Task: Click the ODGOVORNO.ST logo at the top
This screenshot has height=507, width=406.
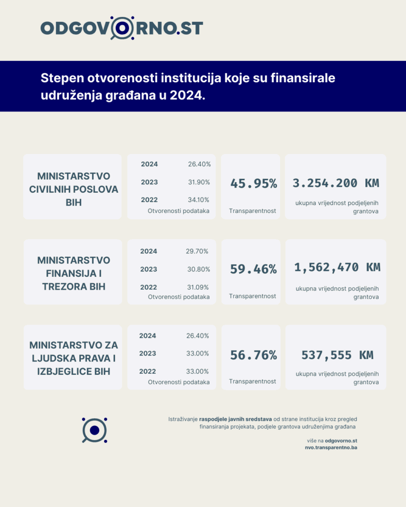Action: click(121, 28)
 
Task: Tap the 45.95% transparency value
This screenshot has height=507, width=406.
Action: click(253, 183)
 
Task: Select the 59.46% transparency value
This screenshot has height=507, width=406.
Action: click(253, 269)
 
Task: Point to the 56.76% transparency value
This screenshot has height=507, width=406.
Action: click(253, 355)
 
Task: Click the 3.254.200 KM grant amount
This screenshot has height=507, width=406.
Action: click(336, 183)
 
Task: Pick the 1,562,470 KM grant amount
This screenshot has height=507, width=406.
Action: click(337, 267)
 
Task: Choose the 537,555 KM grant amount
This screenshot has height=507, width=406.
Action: click(337, 355)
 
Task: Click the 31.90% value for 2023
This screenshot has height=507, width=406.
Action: click(199, 182)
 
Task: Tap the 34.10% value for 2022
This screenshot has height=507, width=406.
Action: click(199, 200)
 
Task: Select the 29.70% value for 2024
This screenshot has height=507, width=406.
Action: click(197, 251)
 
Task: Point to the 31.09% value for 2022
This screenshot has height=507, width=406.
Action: click(197, 287)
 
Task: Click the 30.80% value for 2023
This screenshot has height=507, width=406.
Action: click(198, 269)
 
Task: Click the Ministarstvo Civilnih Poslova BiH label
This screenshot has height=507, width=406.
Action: click(74, 189)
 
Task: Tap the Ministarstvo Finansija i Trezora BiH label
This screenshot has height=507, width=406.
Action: click(74, 273)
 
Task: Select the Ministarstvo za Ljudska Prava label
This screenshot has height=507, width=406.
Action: click(74, 358)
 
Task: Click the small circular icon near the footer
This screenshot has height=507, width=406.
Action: click(94, 430)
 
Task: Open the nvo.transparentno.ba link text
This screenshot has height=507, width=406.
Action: click(331, 447)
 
